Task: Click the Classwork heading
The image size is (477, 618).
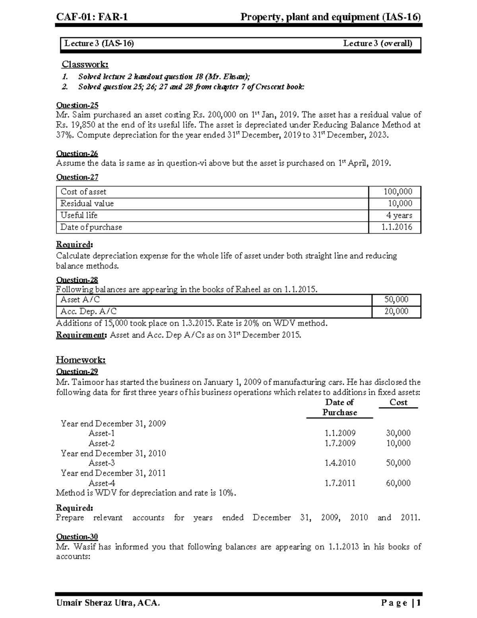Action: (x=85, y=64)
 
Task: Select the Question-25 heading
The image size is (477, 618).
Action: (x=77, y=105)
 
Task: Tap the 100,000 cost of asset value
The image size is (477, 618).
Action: (x=397, y=191)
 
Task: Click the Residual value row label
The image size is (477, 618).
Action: (x=87, y=203)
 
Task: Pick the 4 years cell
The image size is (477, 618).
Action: (x=399, y=215)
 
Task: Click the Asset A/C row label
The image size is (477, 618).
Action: (x=80, y=300)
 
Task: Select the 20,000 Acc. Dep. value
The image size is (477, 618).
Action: (x=396, y=311)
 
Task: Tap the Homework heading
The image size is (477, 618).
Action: (x=81, y=360)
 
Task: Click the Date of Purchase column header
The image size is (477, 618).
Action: (x=339, y=407)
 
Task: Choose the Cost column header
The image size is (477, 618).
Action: (x=398, y=402)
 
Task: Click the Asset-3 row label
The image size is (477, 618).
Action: (x=101, y=463)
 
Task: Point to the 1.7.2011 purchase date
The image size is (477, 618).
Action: (x=340, y=483)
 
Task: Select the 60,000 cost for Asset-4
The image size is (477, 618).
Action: (x=398, y=483)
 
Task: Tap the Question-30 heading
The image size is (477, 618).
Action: (x=77, y=536)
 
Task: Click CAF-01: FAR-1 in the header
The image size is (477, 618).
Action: (x=92, y=17)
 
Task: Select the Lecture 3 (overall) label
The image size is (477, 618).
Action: (x=377, y=43)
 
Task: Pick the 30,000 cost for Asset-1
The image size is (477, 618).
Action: (x=398, y=433)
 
